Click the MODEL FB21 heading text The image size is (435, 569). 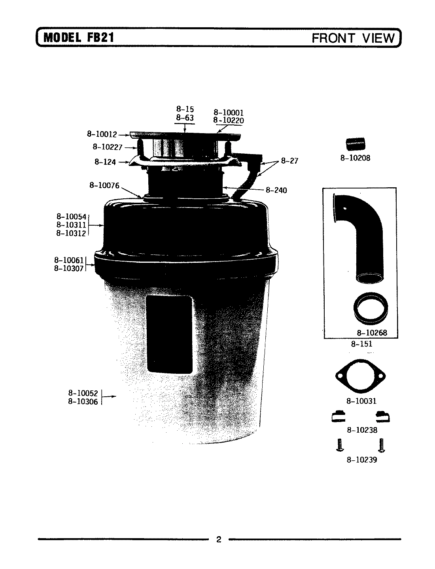coord(79,38)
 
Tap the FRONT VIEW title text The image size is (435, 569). coord(353,38)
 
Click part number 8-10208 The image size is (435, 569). coord(355,158)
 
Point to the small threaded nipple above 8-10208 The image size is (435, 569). coord(356,144)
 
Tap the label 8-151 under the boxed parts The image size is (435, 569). coord(361,344)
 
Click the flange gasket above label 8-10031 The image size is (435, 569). coord(360,376)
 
